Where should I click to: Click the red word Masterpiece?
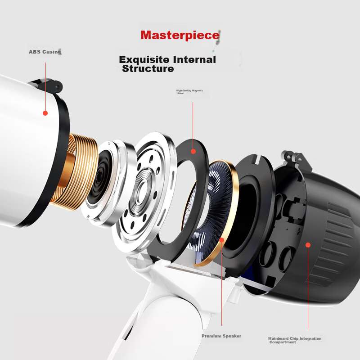tap(180, 35)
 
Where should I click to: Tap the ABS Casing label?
tap(45, 52)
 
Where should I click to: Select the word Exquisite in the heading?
tap(144, 60)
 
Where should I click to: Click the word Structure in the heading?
tap(148, 69)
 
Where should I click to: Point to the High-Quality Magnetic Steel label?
tap(189, 92)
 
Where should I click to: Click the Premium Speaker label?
tap(221, 336)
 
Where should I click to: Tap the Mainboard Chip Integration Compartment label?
tap(295, 340)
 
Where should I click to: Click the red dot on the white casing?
tap(45, 113)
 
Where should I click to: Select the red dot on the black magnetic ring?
tap(193, 151)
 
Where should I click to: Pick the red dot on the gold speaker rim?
tap(221, 240)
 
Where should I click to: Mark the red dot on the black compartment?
tap(308, 245)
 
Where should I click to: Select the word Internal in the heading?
tap(194, 60)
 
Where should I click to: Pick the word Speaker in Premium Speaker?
tap(232, 336)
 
